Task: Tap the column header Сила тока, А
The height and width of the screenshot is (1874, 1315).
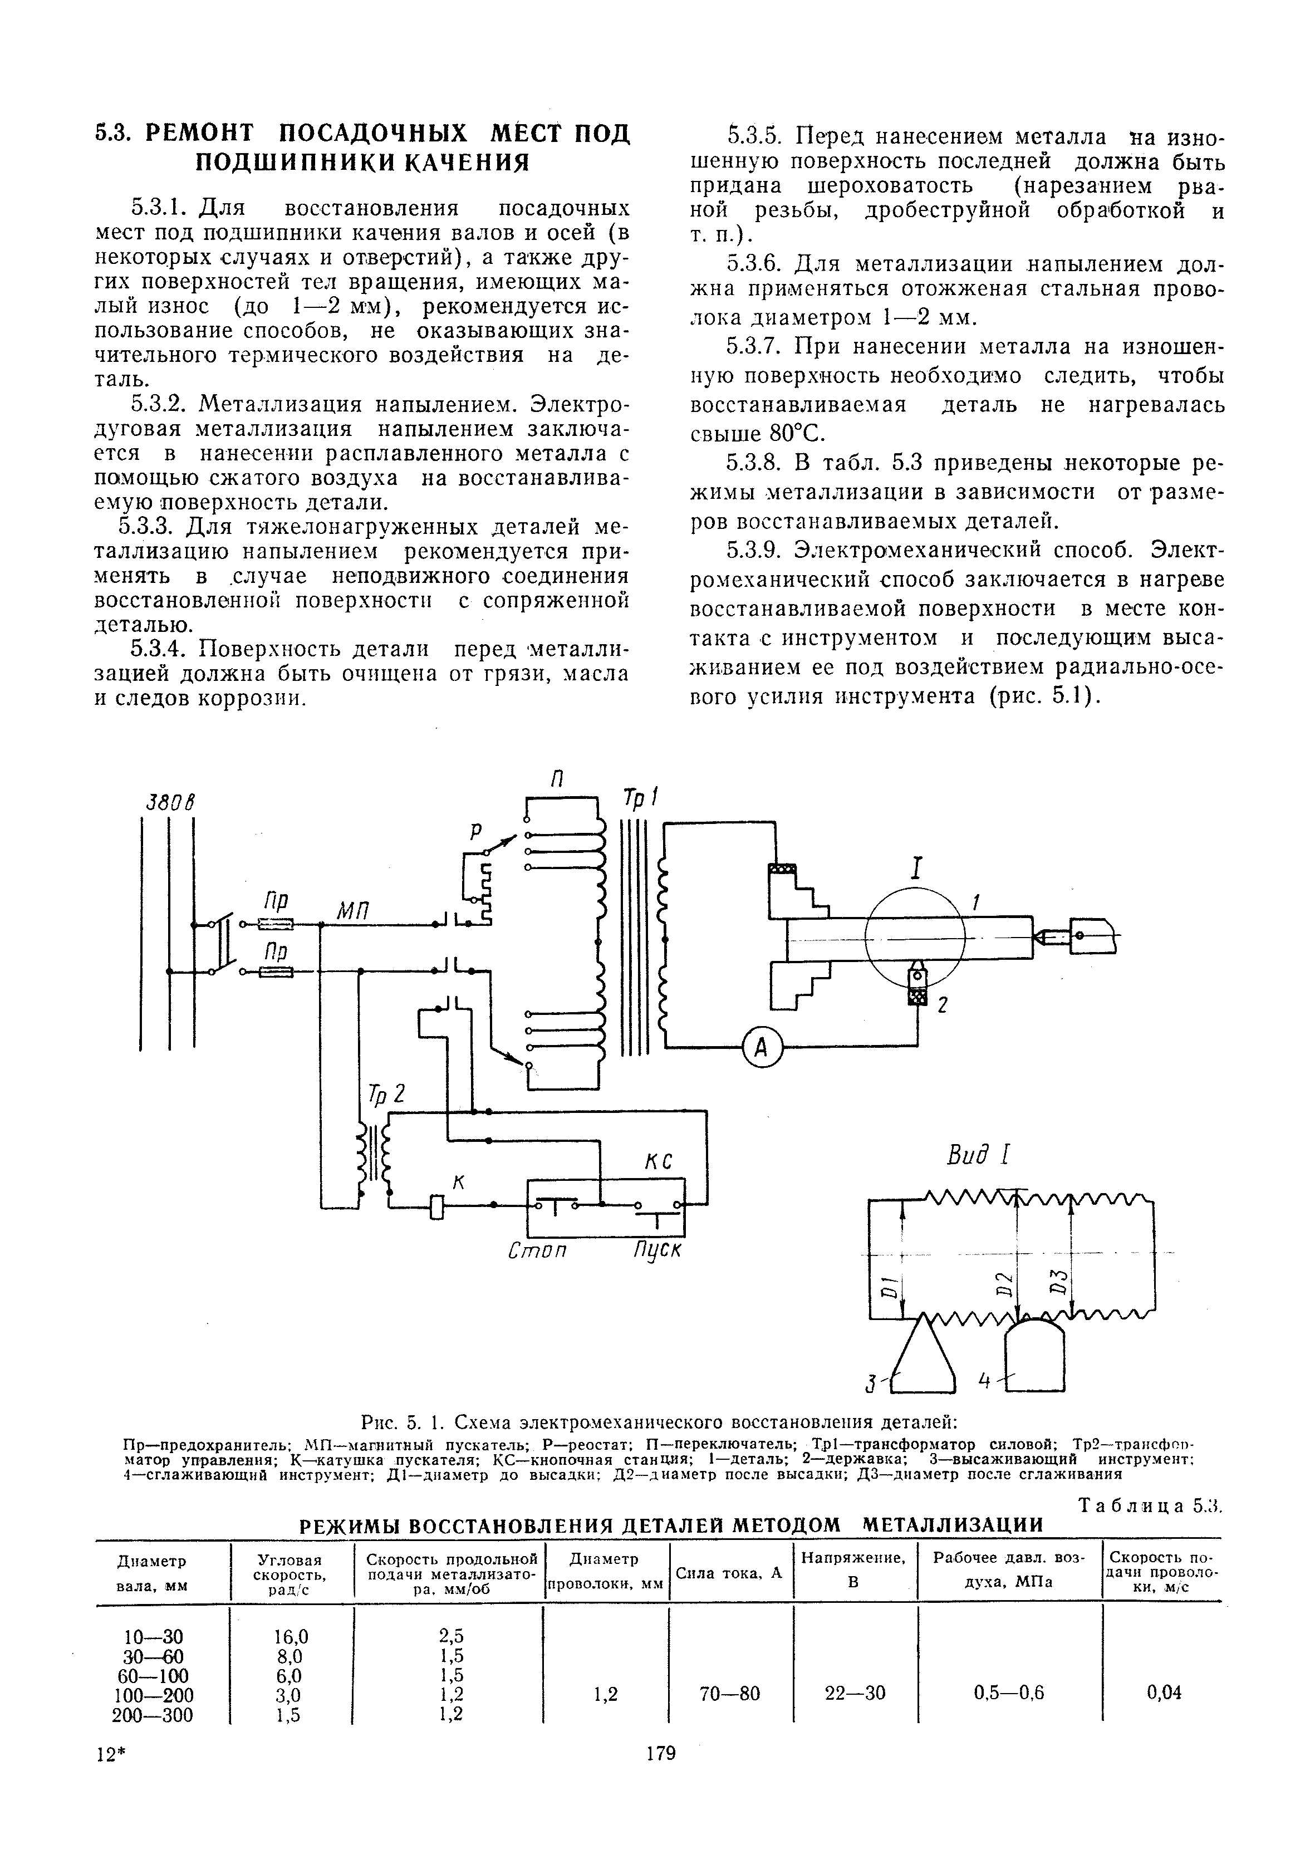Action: (x=729, y=1573)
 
